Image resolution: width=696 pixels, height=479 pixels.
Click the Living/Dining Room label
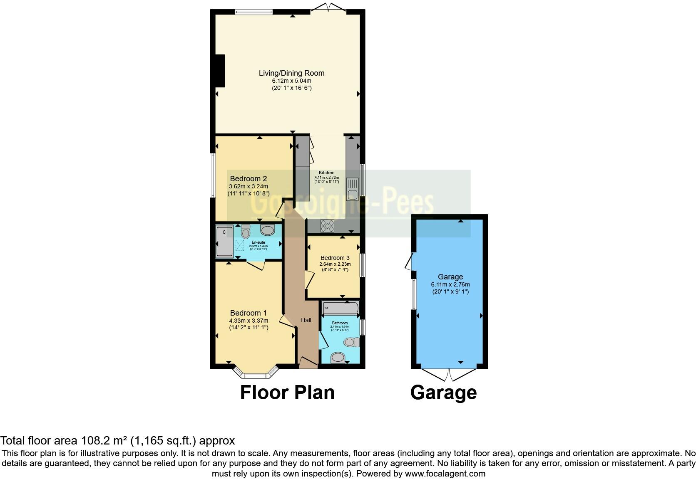coord(291,73)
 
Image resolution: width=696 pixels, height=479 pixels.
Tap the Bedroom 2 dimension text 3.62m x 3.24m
coord(249,186)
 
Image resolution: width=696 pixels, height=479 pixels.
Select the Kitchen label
coord(327,173)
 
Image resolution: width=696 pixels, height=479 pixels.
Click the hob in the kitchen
coord(327,226)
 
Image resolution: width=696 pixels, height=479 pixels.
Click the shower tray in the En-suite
coord(224,241)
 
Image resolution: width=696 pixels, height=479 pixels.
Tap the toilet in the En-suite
coord(245,231)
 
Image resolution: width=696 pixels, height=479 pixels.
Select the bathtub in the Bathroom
coord(341,309)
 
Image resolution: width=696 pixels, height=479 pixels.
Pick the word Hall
coord(306,320)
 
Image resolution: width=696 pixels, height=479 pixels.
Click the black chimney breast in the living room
coord(219,71)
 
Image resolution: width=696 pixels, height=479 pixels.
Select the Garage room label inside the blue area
coord(450,277)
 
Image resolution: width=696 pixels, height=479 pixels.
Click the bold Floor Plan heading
coord(287,393)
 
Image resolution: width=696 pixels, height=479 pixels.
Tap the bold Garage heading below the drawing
coord(443,393)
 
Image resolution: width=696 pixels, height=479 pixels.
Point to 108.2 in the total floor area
coord(92,441)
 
